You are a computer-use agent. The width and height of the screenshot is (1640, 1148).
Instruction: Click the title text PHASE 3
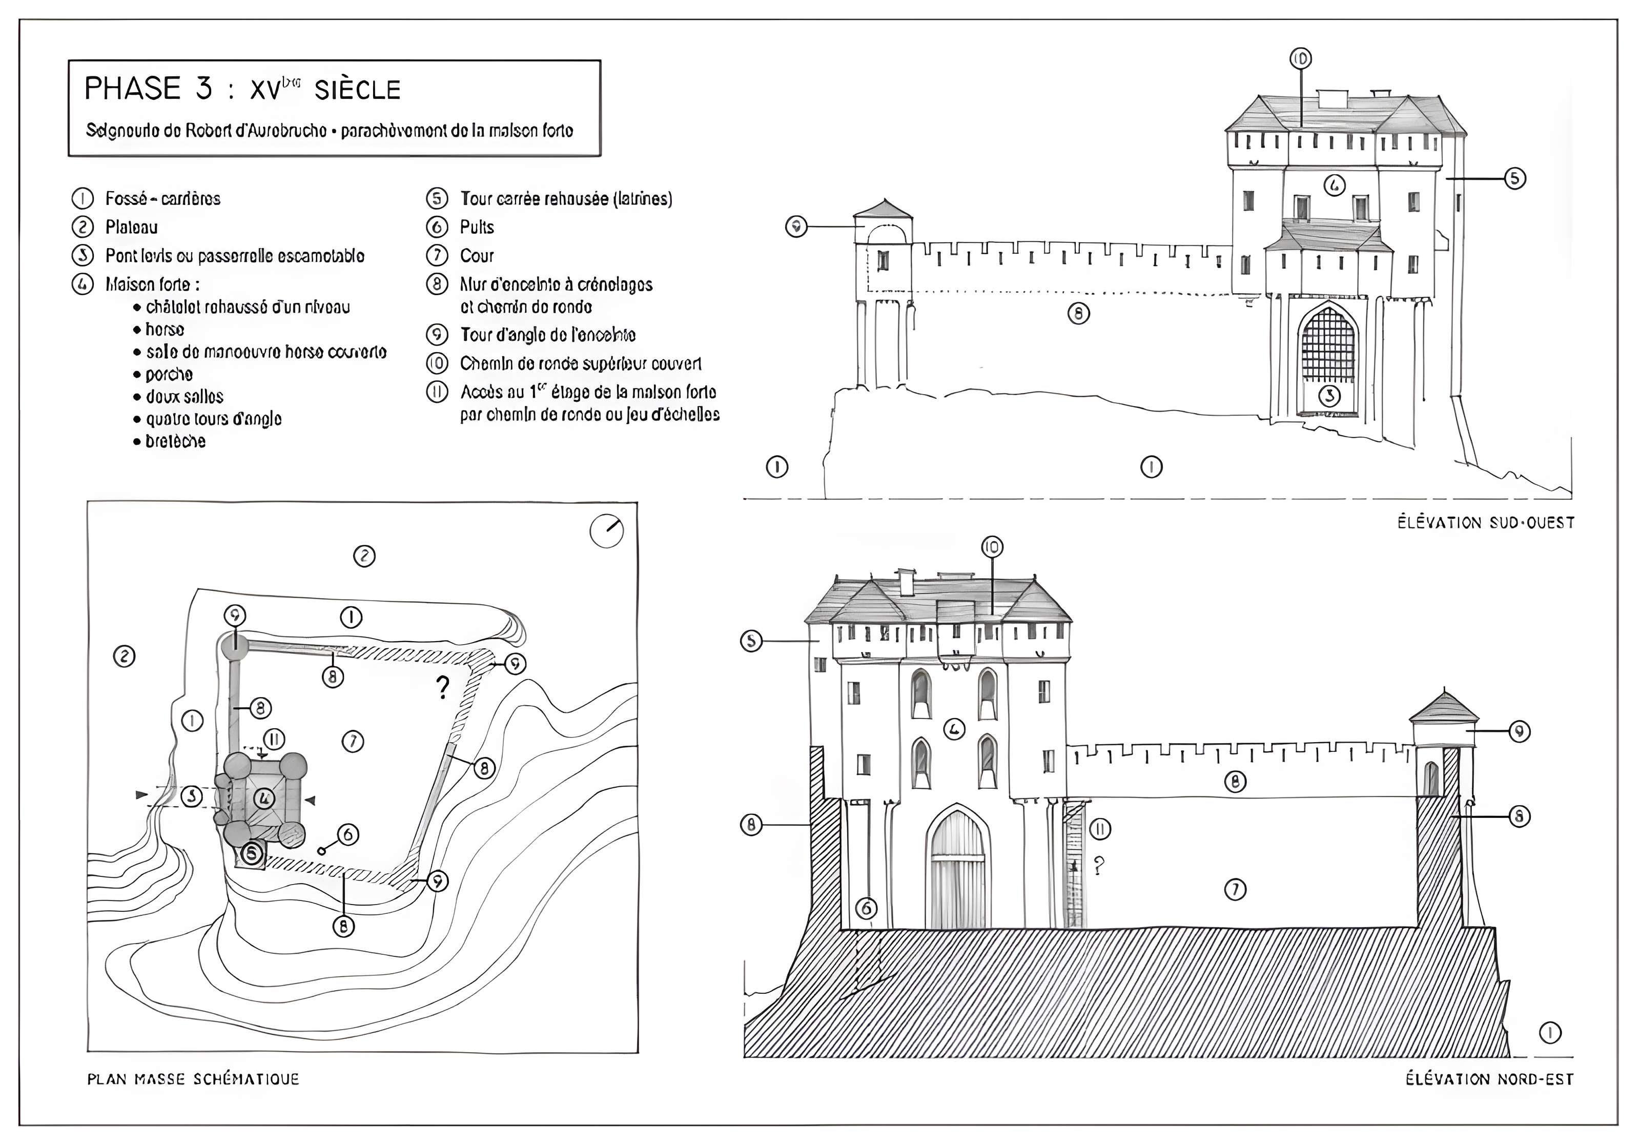click(x=148, y=89)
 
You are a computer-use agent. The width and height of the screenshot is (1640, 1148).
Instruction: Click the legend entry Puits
click(x=477, y=227)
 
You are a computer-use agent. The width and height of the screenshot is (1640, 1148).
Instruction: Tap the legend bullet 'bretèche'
click(x=175, y=441)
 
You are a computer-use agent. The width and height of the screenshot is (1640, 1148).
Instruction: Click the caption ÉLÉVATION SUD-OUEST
click(x=1486, y=523)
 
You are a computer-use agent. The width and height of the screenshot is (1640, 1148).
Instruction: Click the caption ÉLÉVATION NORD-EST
click(x=1489, y=1079)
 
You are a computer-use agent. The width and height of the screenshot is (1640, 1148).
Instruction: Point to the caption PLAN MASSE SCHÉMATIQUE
click(x=193, y=1079)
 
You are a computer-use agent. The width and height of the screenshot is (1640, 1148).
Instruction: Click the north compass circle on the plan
click(x=606, y=531)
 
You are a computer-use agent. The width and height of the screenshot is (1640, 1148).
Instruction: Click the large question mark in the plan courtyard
click(x=443, y=687)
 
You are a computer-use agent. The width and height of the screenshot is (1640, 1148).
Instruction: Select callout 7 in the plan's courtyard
click(x=353, y=742)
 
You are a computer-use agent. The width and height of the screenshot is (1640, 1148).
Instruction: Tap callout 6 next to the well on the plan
click(x=348, y=834)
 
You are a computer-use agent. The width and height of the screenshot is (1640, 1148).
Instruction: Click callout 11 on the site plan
click(x=274, y=739)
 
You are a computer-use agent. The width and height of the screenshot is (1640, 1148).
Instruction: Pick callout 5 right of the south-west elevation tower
click(x=1515, y=178)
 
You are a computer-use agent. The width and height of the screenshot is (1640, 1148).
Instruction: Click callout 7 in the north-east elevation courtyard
click(x=1235, y=889)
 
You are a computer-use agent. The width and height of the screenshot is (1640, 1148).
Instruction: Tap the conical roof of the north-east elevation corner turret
click(x=1444, y=707)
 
